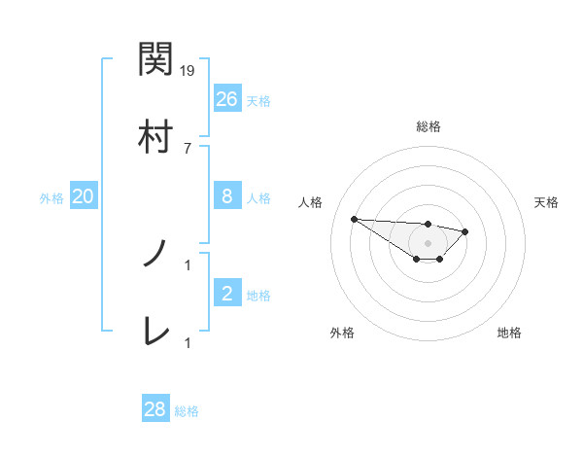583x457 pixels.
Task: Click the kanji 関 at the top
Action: coord(155,60)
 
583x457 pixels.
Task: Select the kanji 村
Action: coord(155,135)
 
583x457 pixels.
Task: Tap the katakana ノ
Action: coord(155,255)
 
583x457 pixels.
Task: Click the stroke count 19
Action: coord(188,71)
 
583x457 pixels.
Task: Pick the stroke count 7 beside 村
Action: coord(188,148)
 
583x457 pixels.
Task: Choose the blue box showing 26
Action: coord(226,98)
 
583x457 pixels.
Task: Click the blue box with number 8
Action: coord(226,196)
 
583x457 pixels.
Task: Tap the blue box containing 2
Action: coord(226,294)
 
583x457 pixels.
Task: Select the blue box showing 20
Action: coord(83,196)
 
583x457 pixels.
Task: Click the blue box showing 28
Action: coord(155,409)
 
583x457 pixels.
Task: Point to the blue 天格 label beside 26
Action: coord(257,100)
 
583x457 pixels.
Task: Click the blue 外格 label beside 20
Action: coord(51,197)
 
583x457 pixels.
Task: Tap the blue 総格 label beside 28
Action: coord(187,411)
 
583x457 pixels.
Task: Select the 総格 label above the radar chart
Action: coord(428,126)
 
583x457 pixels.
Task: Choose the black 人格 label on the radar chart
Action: coord(312,202)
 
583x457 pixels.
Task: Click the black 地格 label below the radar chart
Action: coord(509,333)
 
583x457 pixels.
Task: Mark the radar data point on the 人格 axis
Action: coord(354,219)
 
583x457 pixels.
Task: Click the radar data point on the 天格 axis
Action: coord(465,231)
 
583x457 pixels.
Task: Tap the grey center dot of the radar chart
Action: coord(428,243)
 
